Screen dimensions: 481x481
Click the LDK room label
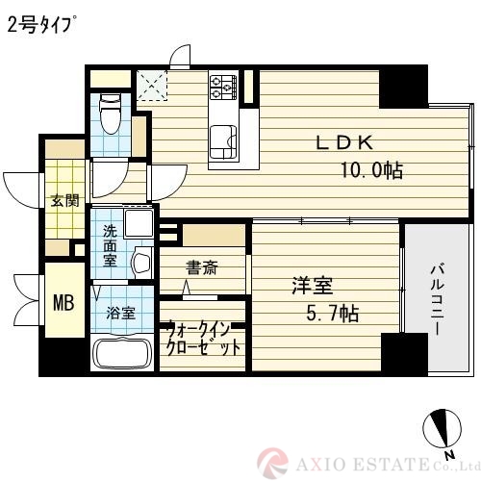click(344, 142)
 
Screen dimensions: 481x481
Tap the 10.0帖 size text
click(371, 170)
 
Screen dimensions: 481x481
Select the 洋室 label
click(313, 286)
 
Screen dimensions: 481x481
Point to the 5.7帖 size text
click(333, 314)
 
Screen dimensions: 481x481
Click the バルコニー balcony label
click(437, 299)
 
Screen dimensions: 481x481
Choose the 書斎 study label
click(202, 267)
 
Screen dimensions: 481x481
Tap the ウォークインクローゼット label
click(204, 339)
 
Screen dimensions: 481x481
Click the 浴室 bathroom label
click(120, 313)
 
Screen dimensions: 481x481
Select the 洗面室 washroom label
click(110, 246)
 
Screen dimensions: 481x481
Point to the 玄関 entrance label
click(65, 201)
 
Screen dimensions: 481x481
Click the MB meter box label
click(63, 303)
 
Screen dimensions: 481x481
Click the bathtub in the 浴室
click(122, 352)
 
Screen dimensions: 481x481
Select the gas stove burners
click(223, 87)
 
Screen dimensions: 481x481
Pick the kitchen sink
click(223, 142)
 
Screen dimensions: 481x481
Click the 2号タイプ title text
click(41, 25)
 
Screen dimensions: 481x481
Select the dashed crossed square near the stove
click(152, 86)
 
